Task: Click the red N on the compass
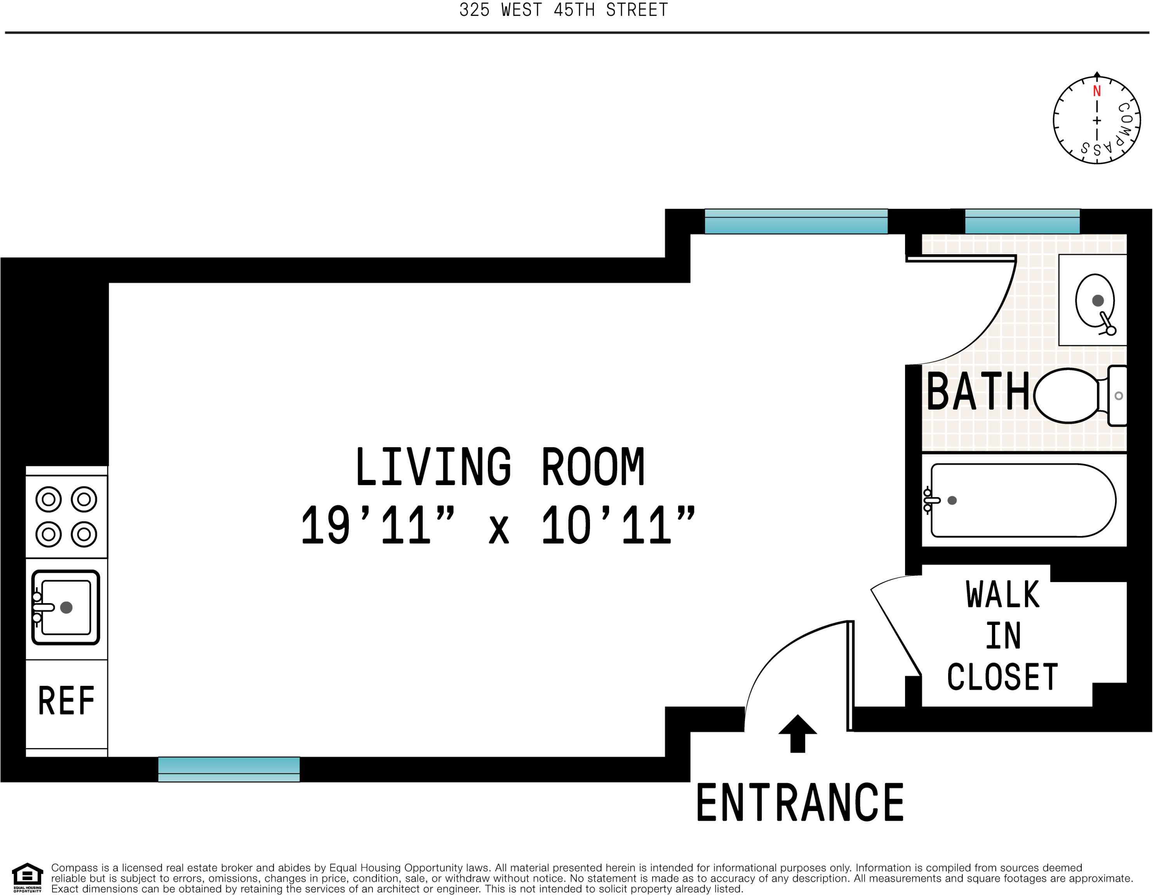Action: tap(1097, 91)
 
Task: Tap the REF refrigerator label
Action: tap(66, 701)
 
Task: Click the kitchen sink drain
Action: tap(66, 607)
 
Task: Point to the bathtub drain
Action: tap(952, 500)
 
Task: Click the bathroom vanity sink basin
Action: tap(1095, 300)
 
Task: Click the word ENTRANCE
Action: tap(800, 803)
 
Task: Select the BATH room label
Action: tap(978, 392)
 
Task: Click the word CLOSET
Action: tap(1003, 677)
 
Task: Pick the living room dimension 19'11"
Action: tap(377, 525)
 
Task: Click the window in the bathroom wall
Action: tap(1022, 222)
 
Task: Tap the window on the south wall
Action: tap(229, 769)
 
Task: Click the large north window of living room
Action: tap(796, 222)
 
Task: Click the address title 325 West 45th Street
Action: tap(563, 10)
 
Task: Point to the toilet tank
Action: tap(1117, 396)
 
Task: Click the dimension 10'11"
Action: tap(618, 525)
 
